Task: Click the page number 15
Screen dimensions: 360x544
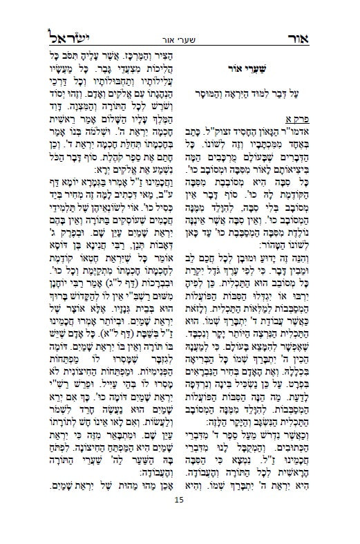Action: (x=180, y=519)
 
